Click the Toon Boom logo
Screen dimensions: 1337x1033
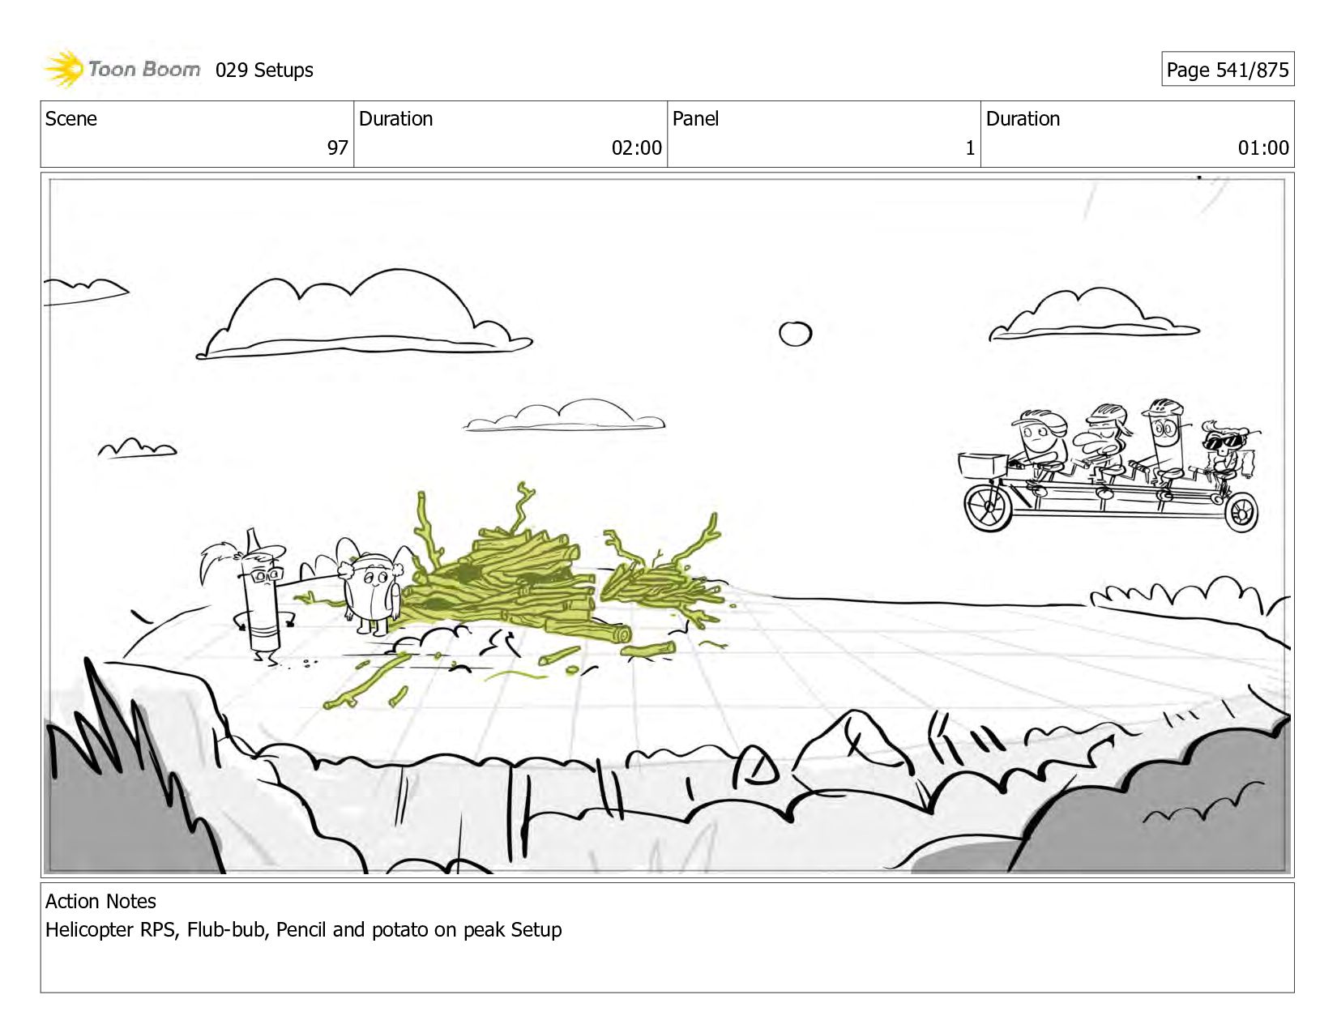coord(122,69)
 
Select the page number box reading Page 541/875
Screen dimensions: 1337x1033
coord(1228,69)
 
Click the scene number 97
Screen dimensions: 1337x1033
coord(337,147)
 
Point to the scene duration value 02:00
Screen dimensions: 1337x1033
coord(636,147)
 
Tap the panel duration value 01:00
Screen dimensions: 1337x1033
coord(1263,147)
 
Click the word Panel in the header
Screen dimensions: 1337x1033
coord(695,118)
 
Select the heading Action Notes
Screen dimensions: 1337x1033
coord(100,901)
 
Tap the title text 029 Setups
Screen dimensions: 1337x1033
coord(264,70)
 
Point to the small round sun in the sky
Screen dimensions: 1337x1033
coord(795,334)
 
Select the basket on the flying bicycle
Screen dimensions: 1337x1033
coord(983,465)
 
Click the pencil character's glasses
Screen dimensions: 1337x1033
coord(267,576)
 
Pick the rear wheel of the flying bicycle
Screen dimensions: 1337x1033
coord(1241,513)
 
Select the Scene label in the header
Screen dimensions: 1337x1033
coord(70,118)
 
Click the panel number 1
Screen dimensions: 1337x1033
coord(970,147)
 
